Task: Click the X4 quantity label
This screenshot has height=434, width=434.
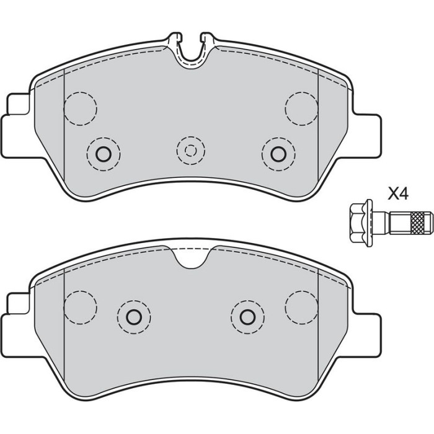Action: click(398, 193)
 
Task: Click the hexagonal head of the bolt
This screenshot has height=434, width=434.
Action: click(358, 223)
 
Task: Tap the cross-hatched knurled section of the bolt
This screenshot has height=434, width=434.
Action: click(418, 223)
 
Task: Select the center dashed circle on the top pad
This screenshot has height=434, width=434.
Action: click(191, 151)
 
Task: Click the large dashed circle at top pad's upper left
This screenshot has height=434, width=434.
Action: click(80, 108)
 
